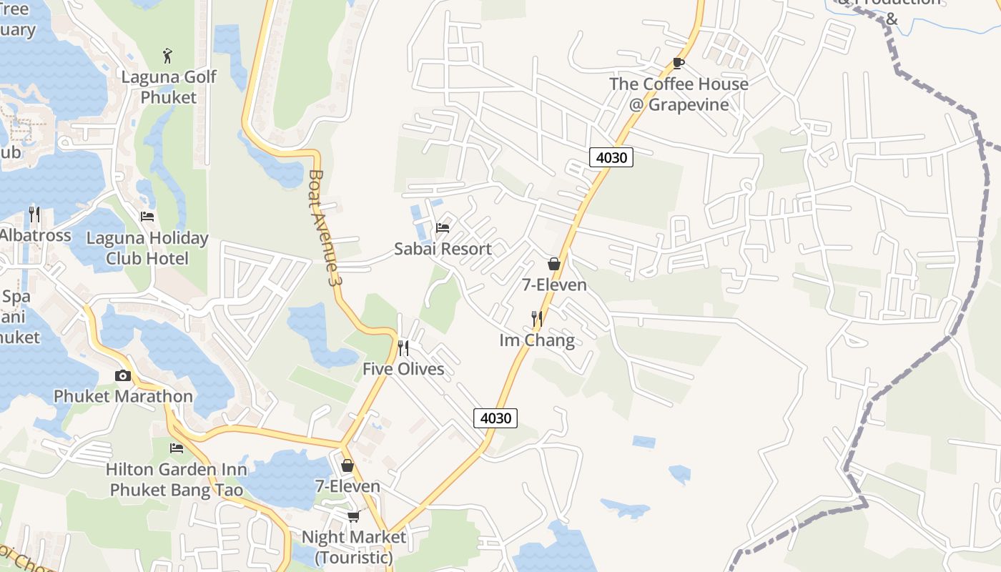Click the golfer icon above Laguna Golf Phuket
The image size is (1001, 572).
(167, 55)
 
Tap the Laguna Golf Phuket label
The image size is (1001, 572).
(168, 87)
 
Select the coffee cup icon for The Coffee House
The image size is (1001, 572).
(679, 63)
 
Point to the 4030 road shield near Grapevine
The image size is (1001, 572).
(611, 157)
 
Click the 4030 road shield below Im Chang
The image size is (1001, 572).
(495, 418)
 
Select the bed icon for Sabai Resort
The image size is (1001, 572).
(443, 228)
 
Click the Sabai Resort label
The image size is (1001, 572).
(443, 249)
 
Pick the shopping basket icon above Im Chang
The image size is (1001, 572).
(553, 264)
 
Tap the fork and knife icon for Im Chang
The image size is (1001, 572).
(536, 318)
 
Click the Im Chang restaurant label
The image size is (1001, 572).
(536, 340)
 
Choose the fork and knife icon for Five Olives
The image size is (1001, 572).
(403, 348)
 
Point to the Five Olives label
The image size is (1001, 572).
(403, 369)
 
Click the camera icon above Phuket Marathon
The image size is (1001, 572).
(123, 375)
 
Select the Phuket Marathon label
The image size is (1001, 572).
(123, 396)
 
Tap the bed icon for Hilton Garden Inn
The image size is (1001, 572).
(177, 448)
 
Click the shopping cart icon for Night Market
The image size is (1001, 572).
(353, 516)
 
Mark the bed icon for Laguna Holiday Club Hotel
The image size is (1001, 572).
(147, 216)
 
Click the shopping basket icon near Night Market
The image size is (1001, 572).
(347, 465)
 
